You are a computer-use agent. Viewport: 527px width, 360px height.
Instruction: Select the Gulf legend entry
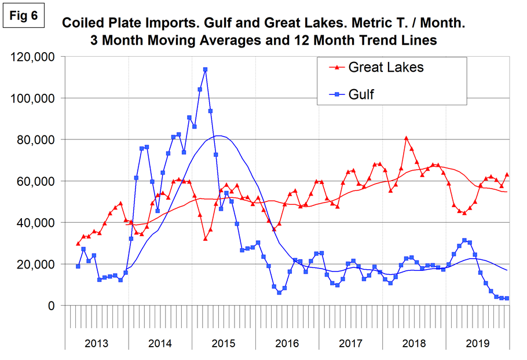click(x=360, y=94)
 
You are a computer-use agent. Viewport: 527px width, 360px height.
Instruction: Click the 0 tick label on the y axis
click(x=50, y=306)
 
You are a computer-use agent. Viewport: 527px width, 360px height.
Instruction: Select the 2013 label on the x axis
click(x=96, y=343)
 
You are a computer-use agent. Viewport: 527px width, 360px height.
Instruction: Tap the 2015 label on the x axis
click(x=224, y=343)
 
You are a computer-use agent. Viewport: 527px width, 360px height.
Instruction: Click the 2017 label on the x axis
click(x=351, y=343)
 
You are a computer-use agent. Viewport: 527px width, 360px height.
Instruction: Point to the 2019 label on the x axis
click(x=478, y=343)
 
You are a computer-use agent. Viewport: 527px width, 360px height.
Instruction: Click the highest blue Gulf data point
click(x=205, y=69)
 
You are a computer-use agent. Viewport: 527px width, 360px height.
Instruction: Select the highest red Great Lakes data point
click(x=407, y=138)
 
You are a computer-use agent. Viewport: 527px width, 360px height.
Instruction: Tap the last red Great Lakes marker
click(x=507, y=174)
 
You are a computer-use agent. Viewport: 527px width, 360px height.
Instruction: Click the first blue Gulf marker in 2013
click(x=78, y=266)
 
